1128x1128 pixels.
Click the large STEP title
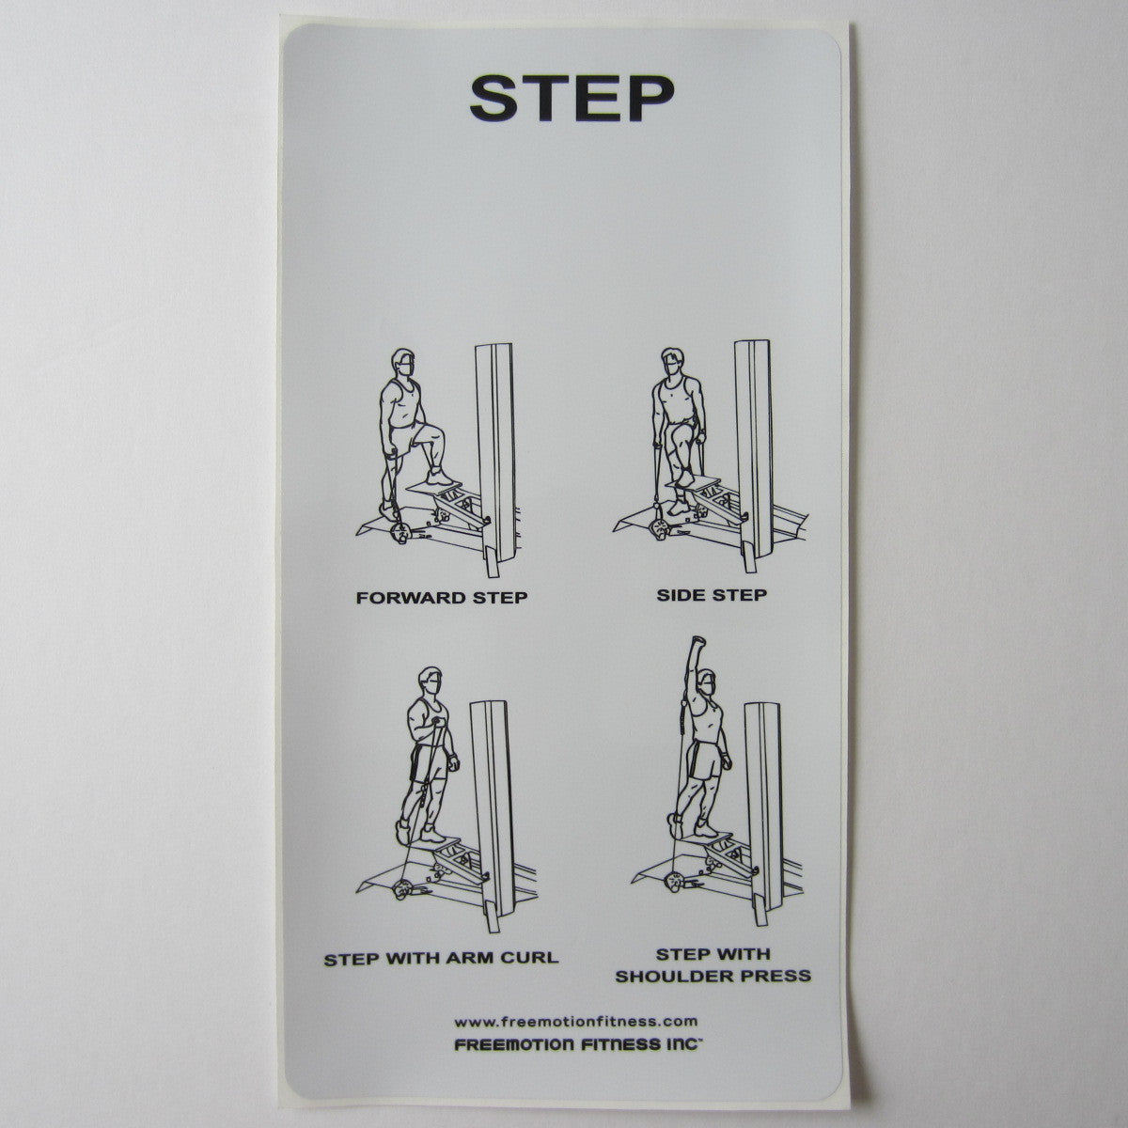pos(572,97)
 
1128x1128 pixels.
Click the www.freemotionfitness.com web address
pos(575,1021)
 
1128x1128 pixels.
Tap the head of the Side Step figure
pos(672,362)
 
